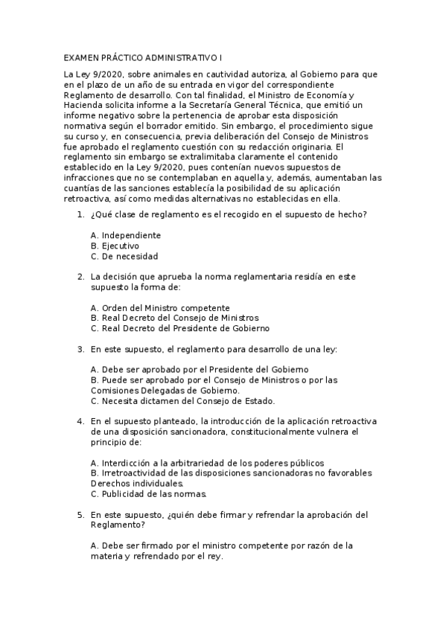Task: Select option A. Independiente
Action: pyautogui.click(x=125, y=235)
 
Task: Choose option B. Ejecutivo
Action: pyautogui.click(x=114, y=246)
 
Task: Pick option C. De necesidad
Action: pyautogui.click(x=124, y=256)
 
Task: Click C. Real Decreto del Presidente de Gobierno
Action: pyautogui.click(x=179, y=328)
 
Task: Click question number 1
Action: pyautogui.click(x=80, y=215)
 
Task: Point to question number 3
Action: pyautogui.click(x=80, y=348)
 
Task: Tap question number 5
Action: pyautogui.click(x=80, y=514)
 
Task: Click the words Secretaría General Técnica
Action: pyautogui.click(x=235, y=106)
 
